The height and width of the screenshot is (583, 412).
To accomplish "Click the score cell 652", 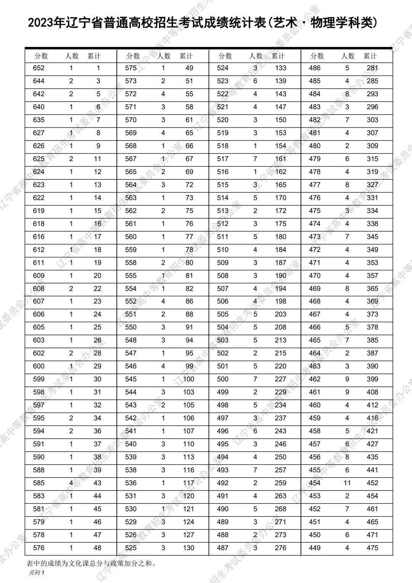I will click(39, 68).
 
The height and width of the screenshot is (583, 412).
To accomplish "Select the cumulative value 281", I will click(372, 68).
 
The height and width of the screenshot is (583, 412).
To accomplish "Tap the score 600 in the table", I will click(39, 366).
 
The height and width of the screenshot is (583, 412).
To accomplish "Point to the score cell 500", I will click(222, 379).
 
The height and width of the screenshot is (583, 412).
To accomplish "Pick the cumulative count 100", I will click(188, 379).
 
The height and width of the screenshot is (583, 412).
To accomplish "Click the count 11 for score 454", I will click(347, 483).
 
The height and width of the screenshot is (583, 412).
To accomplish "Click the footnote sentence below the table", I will click(91, 563).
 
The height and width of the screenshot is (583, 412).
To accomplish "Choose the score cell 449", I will click(315, 548).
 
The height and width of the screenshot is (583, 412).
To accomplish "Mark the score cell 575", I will click(131, 68).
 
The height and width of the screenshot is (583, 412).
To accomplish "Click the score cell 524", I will click(222, 68).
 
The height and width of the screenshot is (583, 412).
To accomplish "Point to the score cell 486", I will click(315, 68).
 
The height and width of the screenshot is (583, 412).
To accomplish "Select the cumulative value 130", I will click(188, 548).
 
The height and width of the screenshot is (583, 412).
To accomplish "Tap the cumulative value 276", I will click(280, 548).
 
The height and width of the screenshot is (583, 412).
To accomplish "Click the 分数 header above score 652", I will click(41, 56).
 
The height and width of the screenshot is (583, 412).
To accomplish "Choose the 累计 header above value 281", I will click(370, 56).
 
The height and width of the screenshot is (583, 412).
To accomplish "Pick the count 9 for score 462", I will click(347, 379).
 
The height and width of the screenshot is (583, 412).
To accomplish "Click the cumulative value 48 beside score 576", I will click(97, 548).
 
